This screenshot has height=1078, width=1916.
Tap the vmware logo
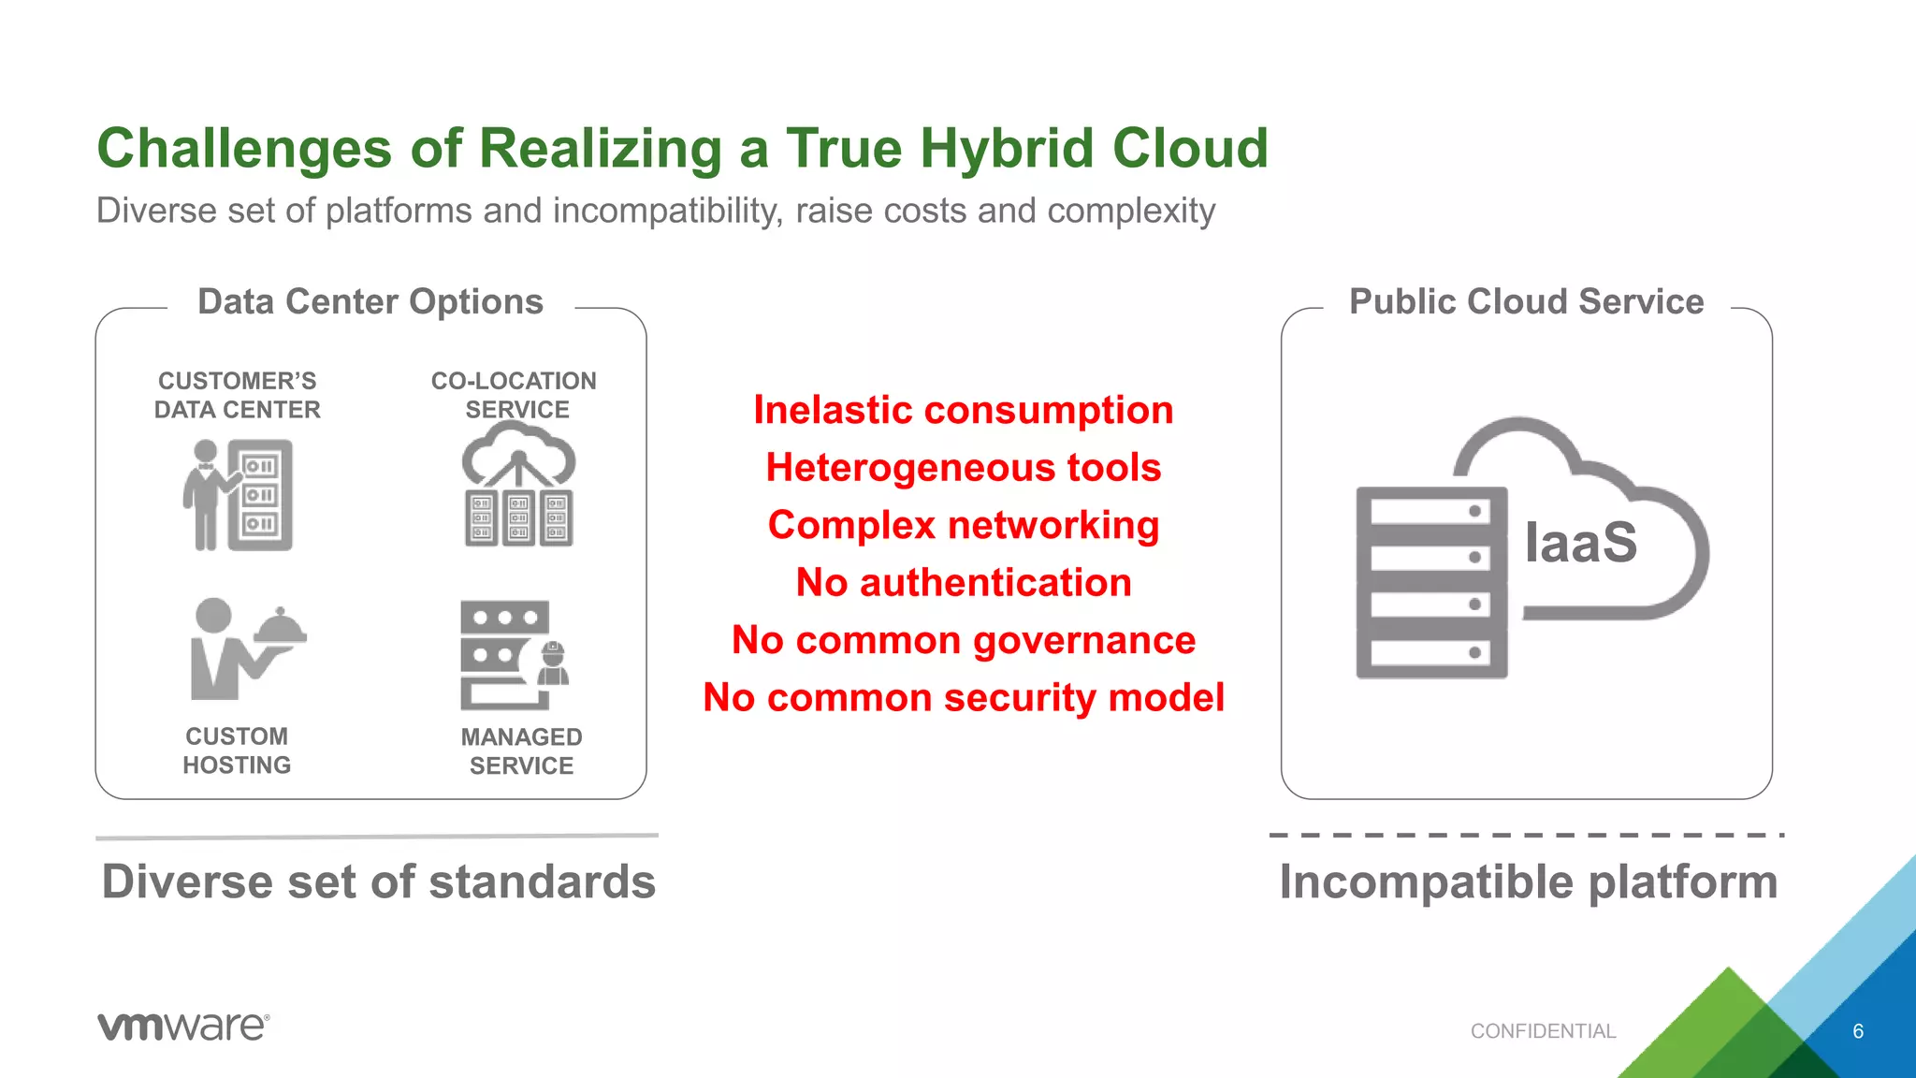183,1027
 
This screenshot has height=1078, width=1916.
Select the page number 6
1858,1031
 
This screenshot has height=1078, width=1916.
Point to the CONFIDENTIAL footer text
1543,1031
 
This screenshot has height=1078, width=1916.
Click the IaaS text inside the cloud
1580,543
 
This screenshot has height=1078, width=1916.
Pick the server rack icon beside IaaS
1431,582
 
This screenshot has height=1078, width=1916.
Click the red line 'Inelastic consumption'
963,411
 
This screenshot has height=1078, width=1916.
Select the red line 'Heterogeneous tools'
963,468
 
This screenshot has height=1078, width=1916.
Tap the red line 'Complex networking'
963,525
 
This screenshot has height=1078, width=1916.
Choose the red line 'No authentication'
963,583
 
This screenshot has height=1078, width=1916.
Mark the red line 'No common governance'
963,641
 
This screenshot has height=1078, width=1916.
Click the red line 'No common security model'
963,698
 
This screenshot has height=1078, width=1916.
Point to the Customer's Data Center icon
239,495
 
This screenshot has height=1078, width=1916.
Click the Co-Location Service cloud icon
518,485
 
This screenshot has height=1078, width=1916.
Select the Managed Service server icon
514,655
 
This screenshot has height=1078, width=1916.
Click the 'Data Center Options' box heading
370,302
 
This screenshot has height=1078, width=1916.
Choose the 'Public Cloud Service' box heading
1526,302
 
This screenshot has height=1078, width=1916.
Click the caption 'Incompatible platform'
1528,882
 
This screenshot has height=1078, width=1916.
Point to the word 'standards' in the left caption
542,882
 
